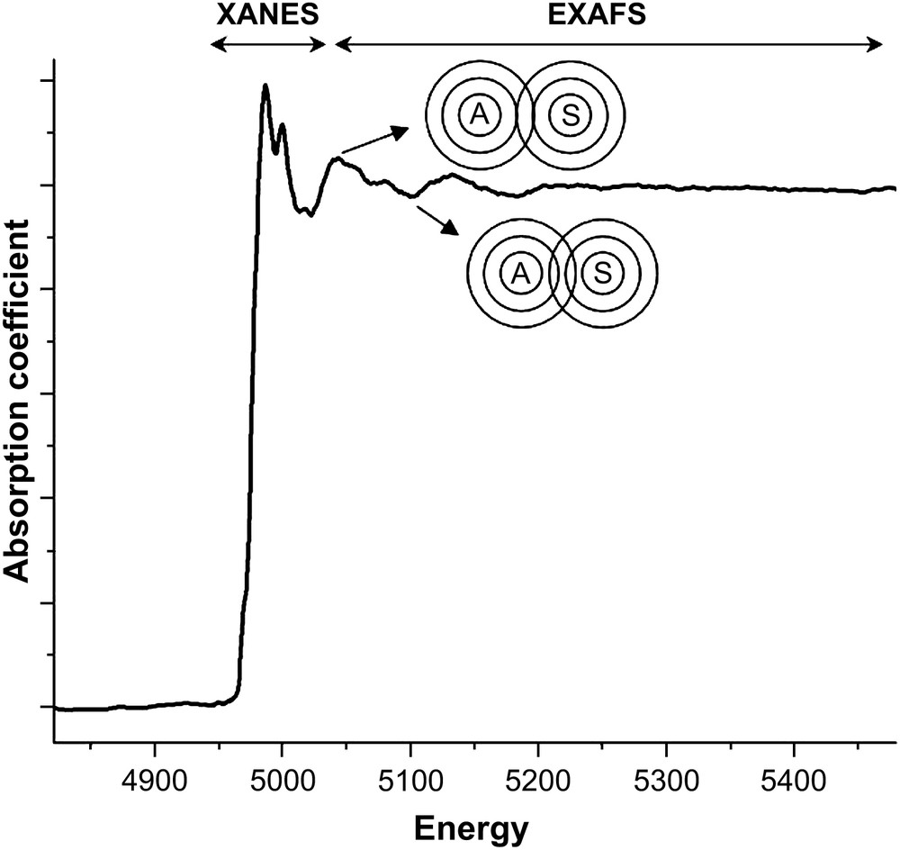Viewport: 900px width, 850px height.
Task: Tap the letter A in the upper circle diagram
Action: click(479, 114)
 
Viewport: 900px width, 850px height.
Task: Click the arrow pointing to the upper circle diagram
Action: click(374, 140)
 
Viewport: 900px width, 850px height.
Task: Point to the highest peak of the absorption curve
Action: click(265, 86)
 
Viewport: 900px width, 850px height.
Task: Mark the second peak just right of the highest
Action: click(283, 125)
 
